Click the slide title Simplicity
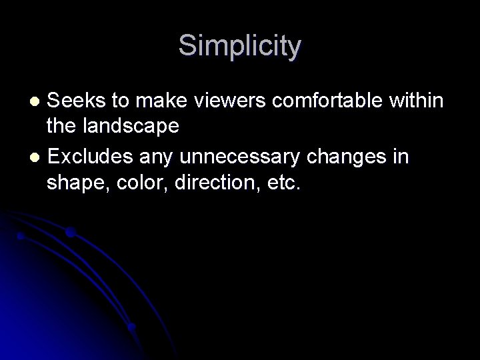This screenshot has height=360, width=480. pos(240,47)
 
